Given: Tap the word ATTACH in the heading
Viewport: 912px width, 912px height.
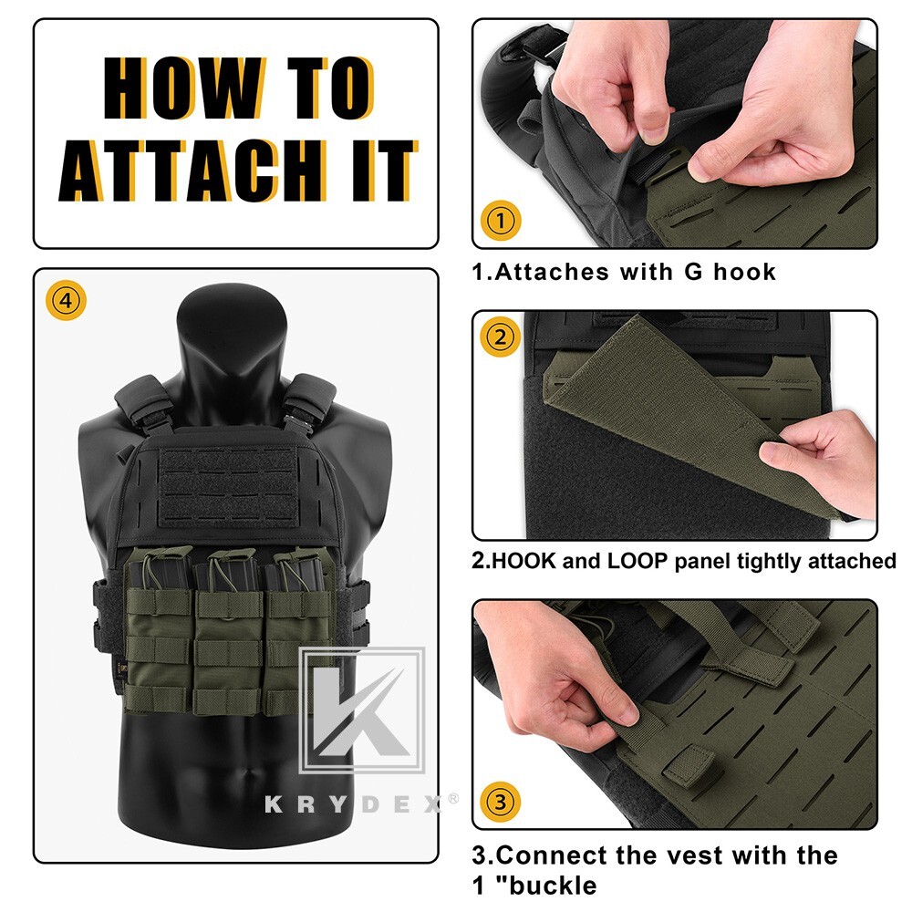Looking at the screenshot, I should pyautogui.click(x=199, y=172).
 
